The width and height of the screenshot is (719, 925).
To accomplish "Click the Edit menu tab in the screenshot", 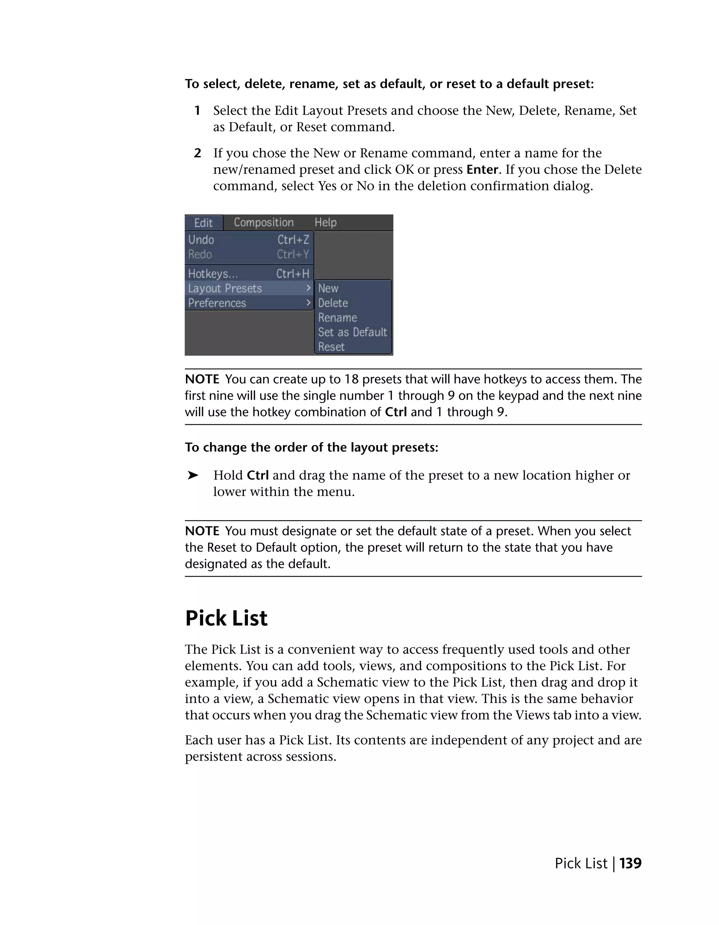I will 203,223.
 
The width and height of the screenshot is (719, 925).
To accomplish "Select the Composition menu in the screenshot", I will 263,222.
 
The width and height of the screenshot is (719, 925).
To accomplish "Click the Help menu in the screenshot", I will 325,222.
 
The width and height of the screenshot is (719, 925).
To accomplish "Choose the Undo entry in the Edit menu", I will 202,240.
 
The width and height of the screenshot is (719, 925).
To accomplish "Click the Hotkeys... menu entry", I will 213,274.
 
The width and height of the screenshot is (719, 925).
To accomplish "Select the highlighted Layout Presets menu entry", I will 225,288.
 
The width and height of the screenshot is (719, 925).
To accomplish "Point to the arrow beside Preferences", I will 309,303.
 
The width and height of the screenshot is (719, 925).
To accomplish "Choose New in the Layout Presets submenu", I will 328,288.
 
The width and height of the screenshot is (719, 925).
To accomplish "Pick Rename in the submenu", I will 337,318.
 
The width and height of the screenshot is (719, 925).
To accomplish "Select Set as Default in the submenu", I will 352,332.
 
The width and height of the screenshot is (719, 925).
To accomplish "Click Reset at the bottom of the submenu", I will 331,347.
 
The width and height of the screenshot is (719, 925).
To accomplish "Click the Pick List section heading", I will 226,618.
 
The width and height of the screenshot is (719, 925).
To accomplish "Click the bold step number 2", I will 197,153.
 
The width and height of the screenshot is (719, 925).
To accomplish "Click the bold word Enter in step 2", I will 482,169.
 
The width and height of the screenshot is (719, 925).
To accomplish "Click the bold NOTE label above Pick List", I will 202,531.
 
